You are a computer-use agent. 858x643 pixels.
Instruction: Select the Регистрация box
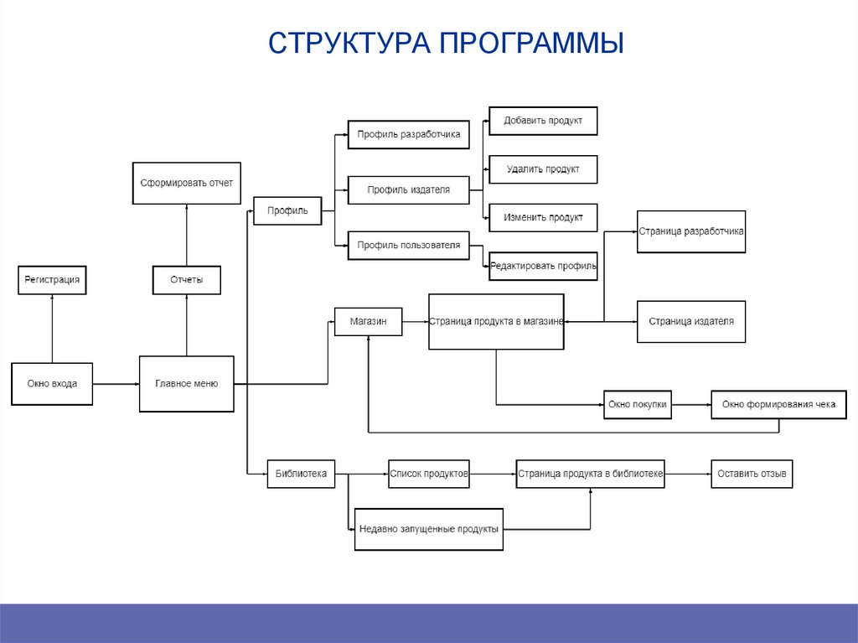tap(52, 280)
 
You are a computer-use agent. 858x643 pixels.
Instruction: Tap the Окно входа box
tap(52, 384)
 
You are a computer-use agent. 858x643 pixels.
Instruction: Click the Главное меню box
tap(186, 384)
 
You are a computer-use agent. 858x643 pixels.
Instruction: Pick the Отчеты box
tap(186, 280)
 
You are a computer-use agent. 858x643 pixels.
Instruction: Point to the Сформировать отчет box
tap(186, 183)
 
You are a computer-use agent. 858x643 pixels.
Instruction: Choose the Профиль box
tap(287, 210)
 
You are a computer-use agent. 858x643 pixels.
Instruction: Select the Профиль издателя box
tap(408, 190)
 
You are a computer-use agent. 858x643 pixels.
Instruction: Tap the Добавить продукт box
tap(542, 121)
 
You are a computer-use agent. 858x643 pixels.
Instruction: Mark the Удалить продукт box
tap(542, 169)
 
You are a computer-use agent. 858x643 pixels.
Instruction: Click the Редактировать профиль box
tap(543, 267)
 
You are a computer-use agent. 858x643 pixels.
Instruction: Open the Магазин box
tap(368, 321)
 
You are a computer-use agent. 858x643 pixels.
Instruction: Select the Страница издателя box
tap(690, 321)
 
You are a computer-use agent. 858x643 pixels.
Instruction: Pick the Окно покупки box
tap(638, 405)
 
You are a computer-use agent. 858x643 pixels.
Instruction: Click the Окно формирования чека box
tap(778, 405)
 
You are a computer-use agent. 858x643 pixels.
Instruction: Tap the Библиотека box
tap(301, 474)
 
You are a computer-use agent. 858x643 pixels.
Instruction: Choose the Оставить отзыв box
tap(752, 474)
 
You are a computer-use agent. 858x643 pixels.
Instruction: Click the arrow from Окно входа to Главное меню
tap(116, 384)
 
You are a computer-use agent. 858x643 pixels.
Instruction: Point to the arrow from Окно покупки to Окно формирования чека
tap(692, 405)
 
